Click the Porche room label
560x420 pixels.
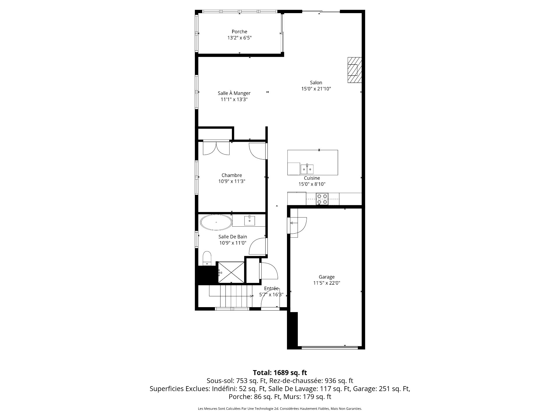(239, 32)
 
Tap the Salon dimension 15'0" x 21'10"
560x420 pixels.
(316, 89)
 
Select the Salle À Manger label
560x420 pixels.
(234, 93)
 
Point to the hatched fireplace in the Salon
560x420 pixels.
(354, 70)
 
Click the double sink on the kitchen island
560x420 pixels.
(307, 169)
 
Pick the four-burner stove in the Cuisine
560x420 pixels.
(322, 199)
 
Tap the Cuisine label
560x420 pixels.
(312, 178)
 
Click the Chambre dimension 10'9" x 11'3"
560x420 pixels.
(232, 181)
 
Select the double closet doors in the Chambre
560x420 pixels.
(216, 148)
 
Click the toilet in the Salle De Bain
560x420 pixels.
(207, 258)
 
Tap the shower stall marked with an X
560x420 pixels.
(231, 272)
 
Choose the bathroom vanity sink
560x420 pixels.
(250, 220)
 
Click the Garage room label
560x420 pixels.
(327, 277)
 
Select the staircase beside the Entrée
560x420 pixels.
(230, 296)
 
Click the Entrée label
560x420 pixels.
(271, 288)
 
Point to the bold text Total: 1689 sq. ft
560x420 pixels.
(280, 372)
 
